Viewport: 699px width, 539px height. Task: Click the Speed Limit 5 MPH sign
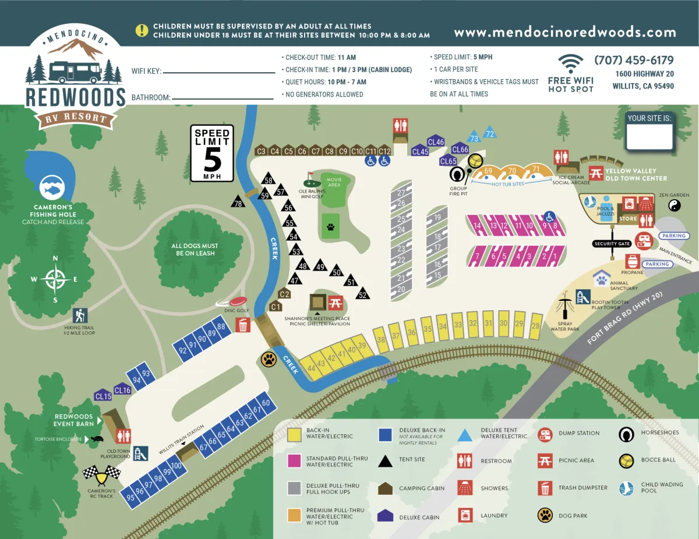click(212, 153)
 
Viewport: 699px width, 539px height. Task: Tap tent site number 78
click(238, 202)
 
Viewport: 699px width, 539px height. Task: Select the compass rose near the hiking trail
click(55, 279)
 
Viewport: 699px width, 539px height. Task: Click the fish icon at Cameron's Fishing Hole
click(52, 187)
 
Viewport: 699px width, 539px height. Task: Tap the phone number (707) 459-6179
click(634, 61)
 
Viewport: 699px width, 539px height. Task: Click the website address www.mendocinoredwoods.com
click(565, 33)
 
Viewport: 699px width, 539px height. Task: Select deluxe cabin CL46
click(436, 142)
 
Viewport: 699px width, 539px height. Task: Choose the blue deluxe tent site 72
click(490, 133)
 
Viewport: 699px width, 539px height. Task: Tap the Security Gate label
click(612, 243)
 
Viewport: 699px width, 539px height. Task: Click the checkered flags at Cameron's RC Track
click(101, 475)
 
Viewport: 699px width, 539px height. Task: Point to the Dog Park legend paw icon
click(545, 515)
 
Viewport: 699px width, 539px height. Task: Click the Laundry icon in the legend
click(465, 515)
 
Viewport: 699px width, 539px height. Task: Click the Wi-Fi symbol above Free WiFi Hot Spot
click(570, 63)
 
